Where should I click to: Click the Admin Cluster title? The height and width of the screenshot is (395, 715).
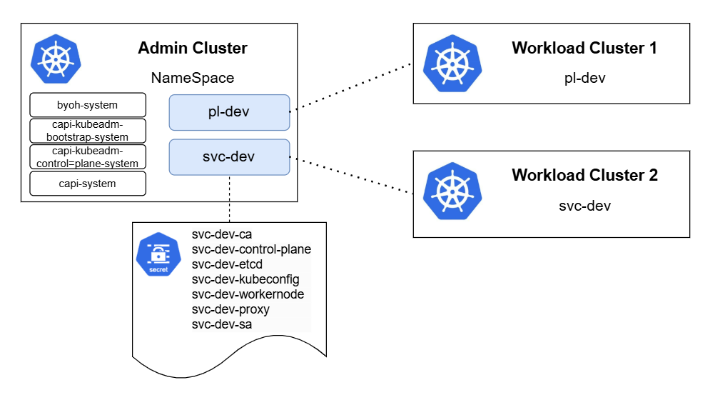point(192,49)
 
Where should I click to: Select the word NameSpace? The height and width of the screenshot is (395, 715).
point(192,78)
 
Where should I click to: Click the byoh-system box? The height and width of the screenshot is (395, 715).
point(88,105)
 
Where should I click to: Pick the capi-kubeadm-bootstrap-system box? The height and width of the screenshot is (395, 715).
point(88,131)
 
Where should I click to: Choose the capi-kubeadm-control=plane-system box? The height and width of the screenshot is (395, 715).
point(88,156)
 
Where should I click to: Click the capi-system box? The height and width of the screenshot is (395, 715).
point(88,184)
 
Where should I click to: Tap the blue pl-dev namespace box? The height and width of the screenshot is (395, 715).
point(229,112)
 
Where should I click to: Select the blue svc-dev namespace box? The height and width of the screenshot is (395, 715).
point(229,157)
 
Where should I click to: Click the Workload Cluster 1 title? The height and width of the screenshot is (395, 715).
point(584,49)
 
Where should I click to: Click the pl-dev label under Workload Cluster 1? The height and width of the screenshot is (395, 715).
point(584,78)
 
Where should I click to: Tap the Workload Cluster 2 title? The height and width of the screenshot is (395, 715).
point(584,175)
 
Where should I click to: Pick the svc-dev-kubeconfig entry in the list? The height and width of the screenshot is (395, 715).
point(245,279)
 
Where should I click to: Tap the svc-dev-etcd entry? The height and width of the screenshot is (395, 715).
point(227,264)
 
